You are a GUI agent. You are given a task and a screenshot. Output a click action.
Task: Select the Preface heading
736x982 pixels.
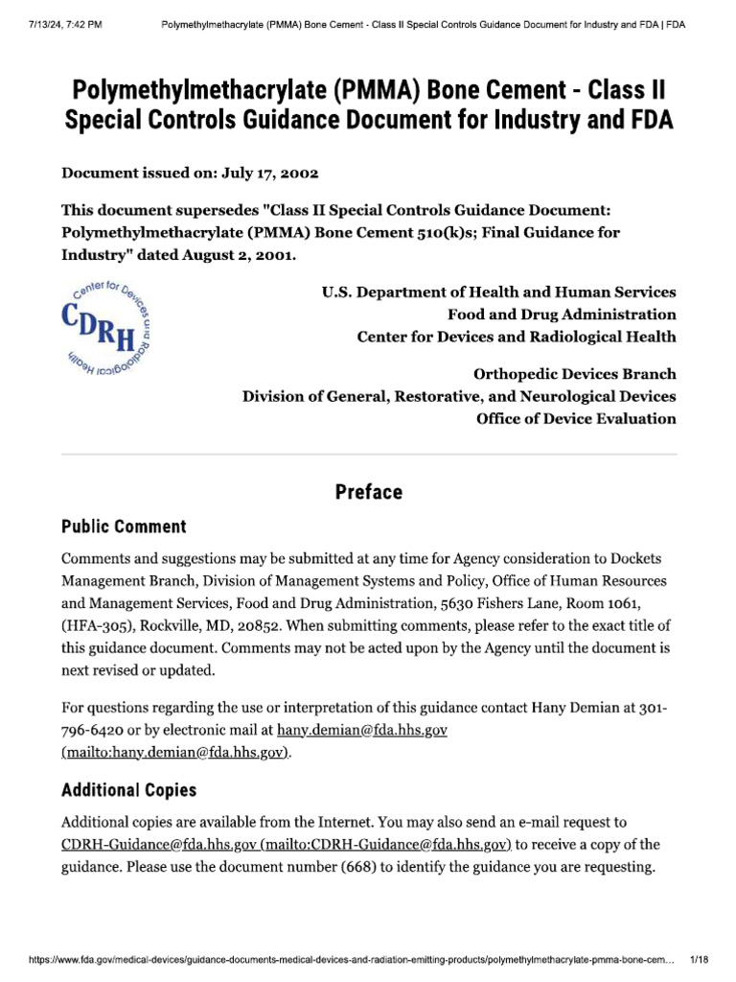(x=368, y=492)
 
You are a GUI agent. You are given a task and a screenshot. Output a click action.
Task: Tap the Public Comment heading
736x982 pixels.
(x=124, y=526)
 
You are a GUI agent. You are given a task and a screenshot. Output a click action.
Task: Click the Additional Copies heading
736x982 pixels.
(x=128, y=790)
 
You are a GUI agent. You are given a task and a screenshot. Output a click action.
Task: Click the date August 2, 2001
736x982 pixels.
(x=244, y=255)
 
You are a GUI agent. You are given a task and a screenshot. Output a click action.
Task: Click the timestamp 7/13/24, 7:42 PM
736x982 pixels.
(x=59, y=11)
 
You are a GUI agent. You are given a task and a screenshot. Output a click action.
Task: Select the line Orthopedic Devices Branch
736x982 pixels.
(x=574, y=374)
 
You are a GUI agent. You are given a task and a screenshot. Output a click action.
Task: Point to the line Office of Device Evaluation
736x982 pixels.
(x=576, y=418)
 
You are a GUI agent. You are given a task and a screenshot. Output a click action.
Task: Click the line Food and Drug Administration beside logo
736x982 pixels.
(x=562, y=315)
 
